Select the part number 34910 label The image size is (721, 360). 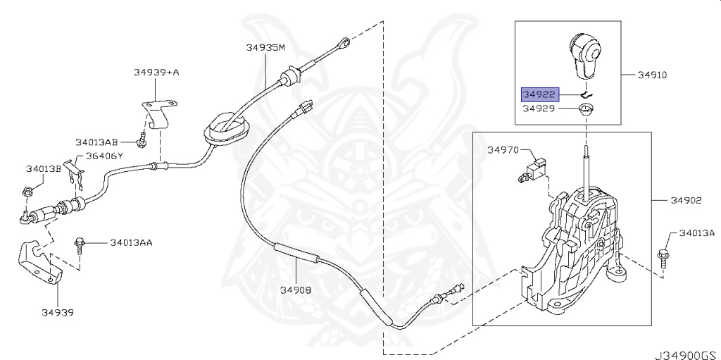pyautogui.click(x=652, y=74)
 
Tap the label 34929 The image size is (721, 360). pyautogui.click(x=539, y=109)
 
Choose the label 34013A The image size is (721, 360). pyautogui.click(x=696, y=232)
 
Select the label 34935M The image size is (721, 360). pyautogui.click(x=265, y=47)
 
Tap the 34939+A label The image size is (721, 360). pyautogui.click(x=156, y=72)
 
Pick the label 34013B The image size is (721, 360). pyautogui.click(x=44, y=169)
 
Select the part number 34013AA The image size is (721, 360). pyautogui.click(x=131, y=243)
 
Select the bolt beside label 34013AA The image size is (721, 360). pyautogui.click(x=79, y=247)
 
